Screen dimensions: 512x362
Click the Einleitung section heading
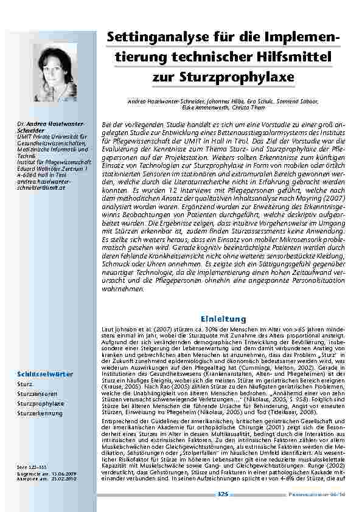223,319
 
